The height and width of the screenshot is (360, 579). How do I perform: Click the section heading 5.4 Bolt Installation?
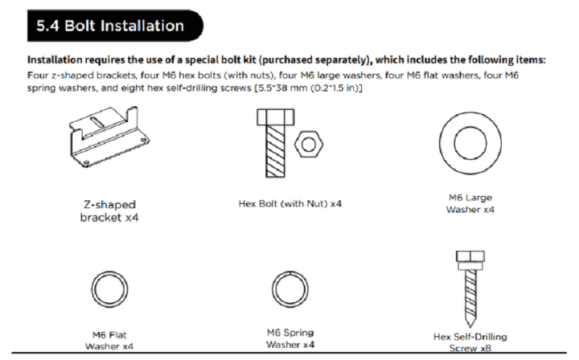pyautogui.click(x=109, y=26)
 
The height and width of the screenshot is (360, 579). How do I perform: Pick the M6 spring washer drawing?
pyautogui.click(x=289, y=288)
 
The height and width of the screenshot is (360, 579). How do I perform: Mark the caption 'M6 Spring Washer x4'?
pyautogui.click(x=289, y=337)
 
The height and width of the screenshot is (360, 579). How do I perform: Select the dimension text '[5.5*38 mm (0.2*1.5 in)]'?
pyautogui.click(x=306, y=87)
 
